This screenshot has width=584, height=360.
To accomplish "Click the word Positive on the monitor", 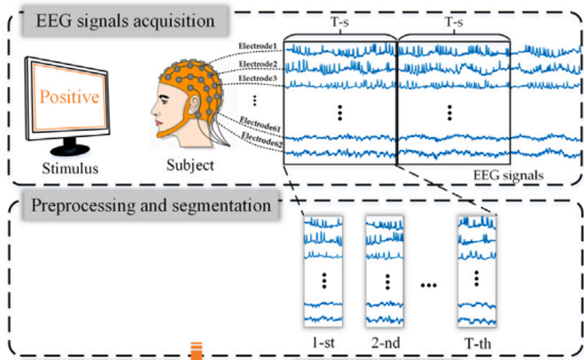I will (x=69, y=97).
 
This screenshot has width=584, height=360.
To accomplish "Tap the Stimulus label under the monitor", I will (x=70, y=168).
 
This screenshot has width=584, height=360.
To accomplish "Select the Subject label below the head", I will (x=190, y=165).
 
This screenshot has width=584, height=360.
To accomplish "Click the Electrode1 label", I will (x=257, y=46).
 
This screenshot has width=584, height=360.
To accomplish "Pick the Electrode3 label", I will (x=258, y=78).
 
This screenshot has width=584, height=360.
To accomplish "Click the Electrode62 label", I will (x=262, y=140).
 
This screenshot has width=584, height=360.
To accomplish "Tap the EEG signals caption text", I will (x=508, y=175).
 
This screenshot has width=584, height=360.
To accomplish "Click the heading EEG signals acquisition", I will (x=125, y=21).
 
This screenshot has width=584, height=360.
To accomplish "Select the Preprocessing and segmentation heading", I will (x=151, y=206).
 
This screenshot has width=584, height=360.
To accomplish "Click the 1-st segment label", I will (x=323, y=343).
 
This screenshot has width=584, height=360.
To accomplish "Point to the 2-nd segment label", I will (x=385, y=343).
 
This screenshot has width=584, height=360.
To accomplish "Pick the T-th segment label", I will (x=477, y=344).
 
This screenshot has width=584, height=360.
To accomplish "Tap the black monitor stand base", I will (x=70, y=150).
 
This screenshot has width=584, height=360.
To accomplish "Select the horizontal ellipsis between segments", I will (x=429, y=285).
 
